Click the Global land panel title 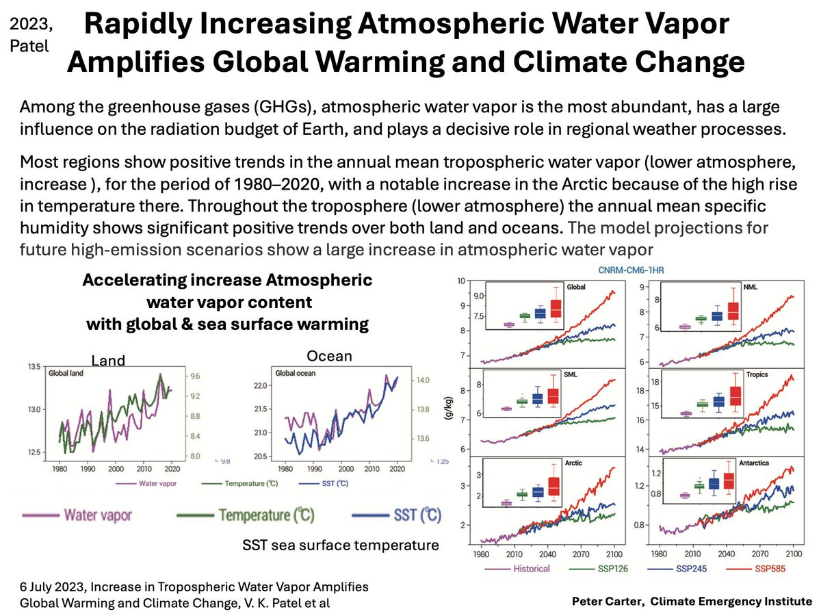[x=65, y=374]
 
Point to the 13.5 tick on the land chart [x=33, y=368]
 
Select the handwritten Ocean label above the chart [x=330, y=356]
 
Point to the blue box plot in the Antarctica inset [x=714, y=483]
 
